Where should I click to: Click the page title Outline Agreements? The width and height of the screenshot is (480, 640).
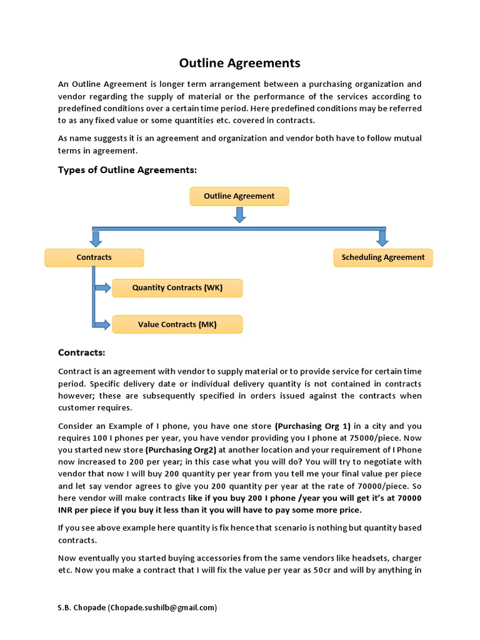coord(239,63)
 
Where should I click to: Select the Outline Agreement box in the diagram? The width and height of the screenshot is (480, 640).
coord(239,196)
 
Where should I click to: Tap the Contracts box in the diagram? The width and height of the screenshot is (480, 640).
coord(94,257)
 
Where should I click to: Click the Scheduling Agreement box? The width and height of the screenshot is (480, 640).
coord(382,257)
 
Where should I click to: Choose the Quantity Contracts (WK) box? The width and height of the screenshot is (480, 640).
coord(177,288)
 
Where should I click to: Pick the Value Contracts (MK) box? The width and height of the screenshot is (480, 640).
coord(177,325)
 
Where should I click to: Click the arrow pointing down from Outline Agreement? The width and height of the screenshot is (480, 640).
coord(239,214)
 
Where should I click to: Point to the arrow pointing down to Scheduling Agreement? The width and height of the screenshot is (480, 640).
coord(382,237)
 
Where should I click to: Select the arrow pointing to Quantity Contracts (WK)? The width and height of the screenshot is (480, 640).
coord(102,288)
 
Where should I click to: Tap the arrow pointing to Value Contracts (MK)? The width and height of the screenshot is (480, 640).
coord(102,324)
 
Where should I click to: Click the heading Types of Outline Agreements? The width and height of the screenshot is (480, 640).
coord(127,170)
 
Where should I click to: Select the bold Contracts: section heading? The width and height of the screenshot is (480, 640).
coord(81,352)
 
